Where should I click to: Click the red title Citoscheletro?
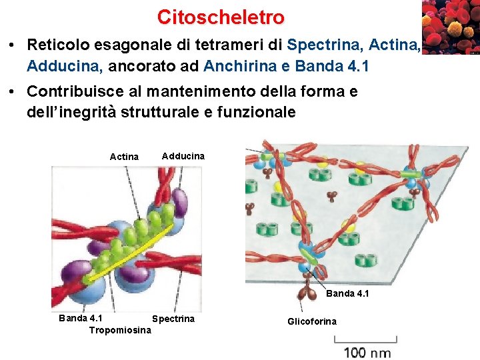click(x=221, y=17)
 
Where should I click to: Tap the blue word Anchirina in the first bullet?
click(x=247, y=66)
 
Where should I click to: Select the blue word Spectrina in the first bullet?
click(x=324, y=45)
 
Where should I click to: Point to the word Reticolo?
click(x=57, y=45)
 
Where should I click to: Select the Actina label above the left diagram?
click(x=124, y=157)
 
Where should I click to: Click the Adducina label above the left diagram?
click(x=183, y=155)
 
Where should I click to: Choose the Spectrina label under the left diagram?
click(x=173, y=319)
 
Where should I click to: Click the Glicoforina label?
click(x=312, y=321)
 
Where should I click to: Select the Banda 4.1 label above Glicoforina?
click(x=347, y=293)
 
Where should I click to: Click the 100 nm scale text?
click(x=367, y=352)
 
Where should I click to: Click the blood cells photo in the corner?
click(x=450, y=27)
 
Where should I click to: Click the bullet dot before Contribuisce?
click(x=13, y=92)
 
